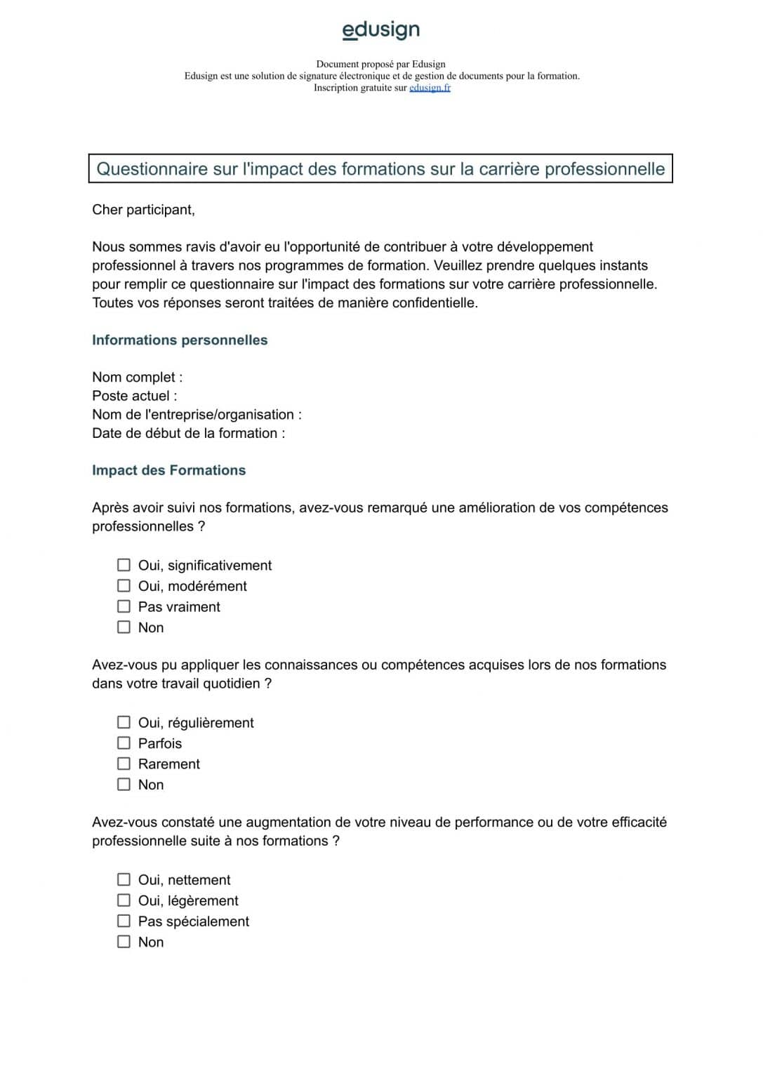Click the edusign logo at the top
tap(380, 29)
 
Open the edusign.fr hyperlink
tap(430, 88)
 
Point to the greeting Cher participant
tap(143, 210)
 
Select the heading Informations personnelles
tap(180, 340)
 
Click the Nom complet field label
tap(137, 378)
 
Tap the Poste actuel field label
tap(134, 396)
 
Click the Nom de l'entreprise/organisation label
tap(197, 415)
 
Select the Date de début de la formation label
tap(188, 434)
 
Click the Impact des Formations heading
tap(168, 471)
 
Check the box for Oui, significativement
tap(124, 565)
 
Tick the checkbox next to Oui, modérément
tap(124, 586)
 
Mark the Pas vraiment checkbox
tap(124, 606)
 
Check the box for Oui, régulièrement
tap(124, 722)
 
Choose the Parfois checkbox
tap(124, 743)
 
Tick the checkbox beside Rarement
tap(124, 764)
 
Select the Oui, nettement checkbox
tap(124, 879)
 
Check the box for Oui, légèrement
tap(124, 900)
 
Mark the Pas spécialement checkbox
tap(124, 921)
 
